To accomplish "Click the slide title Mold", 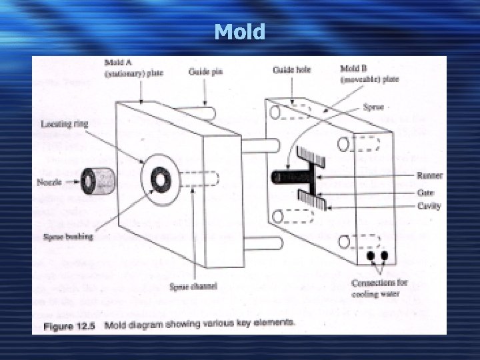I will coord(240,31).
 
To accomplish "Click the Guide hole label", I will coord(291,69).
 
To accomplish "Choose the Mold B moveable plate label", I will coord(369,73).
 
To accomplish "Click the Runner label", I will coord(429,176).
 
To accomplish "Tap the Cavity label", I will coord(429,206).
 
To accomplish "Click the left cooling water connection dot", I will coord(371,256).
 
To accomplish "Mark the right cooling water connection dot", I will coord(385,255).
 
